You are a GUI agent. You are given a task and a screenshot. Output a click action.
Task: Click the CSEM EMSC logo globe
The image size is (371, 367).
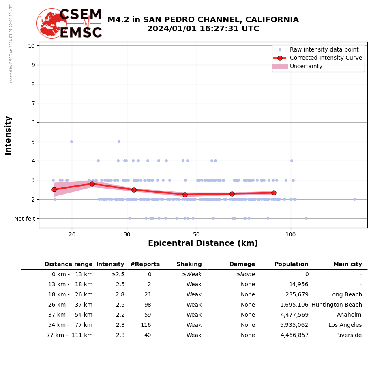pyautogui.click(x=51, y=23)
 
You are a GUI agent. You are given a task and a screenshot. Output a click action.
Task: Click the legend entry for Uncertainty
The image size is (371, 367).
pyautogui.click(x=306, y=67)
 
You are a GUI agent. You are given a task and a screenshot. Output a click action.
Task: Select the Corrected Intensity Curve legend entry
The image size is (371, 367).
pyautogui.click(x=326, y=58)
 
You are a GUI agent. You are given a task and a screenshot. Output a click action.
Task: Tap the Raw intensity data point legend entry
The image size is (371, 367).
pyautogui.click(x=324, y=49)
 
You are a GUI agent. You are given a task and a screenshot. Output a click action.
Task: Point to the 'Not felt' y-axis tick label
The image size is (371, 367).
pyautogui.click(x=25, y=219)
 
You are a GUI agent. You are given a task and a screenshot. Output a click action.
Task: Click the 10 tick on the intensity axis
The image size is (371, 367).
pyautogui.click(x=31, y=45)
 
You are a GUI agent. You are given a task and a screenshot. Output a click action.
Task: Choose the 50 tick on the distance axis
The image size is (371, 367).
pyautogui.click(x=196, y=234)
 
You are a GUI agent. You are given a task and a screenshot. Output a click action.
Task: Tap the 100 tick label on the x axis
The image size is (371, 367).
pyautogui.click(x=290, y=234)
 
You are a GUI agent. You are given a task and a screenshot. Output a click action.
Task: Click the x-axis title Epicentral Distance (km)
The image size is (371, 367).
pyautogui.click(x=203, y=243)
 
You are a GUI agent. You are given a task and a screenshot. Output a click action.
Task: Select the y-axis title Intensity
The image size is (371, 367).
pyautogui.click(x=8, y=135)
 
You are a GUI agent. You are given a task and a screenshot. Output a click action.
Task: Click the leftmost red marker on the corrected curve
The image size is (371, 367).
pyautogui.click(x=54, y=189)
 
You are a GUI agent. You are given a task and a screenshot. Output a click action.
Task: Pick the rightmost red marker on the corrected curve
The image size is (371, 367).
pyautogui.click(x=274, y=193)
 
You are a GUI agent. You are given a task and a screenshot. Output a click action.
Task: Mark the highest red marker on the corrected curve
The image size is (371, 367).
pyautogui.click(x=92, y=184)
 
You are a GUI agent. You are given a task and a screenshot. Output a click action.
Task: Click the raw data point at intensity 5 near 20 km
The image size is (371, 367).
pyautogui.click(x=71, y=142)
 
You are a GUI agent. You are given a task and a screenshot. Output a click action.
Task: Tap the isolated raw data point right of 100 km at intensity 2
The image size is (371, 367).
pyautogui.click(x=354, y=199)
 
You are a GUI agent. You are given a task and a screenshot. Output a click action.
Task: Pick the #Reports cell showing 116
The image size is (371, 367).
pyautogui.click(x=146, y=325)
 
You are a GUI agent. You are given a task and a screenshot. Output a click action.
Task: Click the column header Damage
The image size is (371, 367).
pyautogui.click(x=242, y=264)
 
